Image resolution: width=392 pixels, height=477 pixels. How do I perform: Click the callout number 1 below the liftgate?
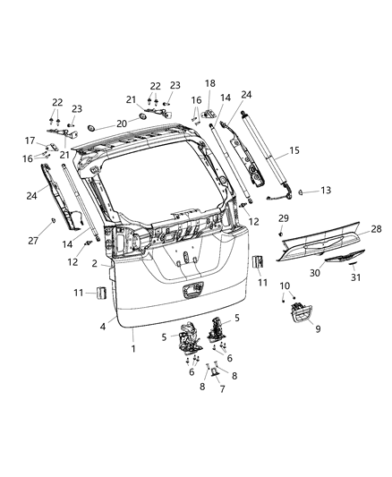click(x=135, y=347)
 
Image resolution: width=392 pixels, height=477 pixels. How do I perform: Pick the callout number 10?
click(x=285, y=285)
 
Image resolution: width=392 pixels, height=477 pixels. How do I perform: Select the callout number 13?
click(x=327, y=191)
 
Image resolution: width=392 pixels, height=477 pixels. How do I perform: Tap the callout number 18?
click(x=210, y=82)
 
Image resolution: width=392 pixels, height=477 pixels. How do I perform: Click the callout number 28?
click(x=376, y=229)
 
